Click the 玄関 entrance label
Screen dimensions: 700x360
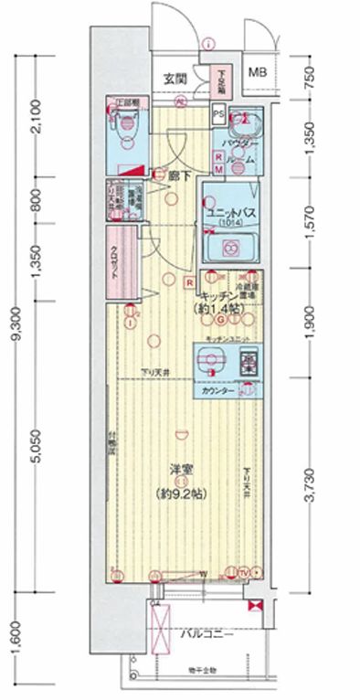[175, 79]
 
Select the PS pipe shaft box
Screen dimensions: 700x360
[217, 113]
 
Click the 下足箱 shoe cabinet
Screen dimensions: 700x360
[220, 83]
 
